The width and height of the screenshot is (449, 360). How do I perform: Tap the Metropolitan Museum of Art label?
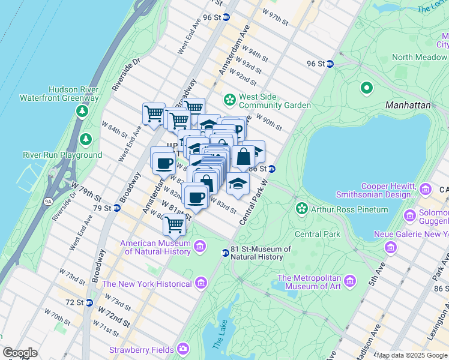click(309, 282)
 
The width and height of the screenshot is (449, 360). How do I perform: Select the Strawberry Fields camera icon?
click(182, 349)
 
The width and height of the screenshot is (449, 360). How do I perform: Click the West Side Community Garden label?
click(274, 101)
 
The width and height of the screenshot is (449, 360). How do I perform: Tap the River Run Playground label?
click(62, 155)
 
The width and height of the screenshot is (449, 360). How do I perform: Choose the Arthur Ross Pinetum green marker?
click(301, 209)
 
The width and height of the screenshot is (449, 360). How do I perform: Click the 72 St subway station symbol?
click(89, 302)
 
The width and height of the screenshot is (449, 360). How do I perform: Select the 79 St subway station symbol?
click(118, 208)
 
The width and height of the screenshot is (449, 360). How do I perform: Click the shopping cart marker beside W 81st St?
click(174, 225)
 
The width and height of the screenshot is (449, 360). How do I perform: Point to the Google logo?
click(20, 353)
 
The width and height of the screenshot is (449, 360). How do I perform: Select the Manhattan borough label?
click(408, 104)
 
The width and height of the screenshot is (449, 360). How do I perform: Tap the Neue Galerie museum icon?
click(391, 247)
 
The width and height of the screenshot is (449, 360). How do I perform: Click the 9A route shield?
click(48, 202)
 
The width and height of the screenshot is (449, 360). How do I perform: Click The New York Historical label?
click(147, 283)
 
